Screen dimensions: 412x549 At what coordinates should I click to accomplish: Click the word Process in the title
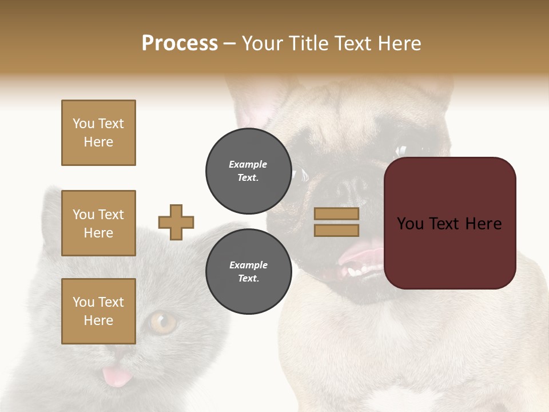[x=180, y=43]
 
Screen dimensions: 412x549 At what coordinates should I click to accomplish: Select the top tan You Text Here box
[x=98, y=133]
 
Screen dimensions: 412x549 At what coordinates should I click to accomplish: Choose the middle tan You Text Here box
[x=98, y=223]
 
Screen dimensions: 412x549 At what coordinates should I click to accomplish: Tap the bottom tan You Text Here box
[x=98, y=311]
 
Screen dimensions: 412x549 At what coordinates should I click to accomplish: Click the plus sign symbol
[x=176, y=222]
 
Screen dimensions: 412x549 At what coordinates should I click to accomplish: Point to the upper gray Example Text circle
[x=248, y=171]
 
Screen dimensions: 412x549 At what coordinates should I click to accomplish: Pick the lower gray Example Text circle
[x=248, y=271]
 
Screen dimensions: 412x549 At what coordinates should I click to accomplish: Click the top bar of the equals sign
[x=336, y=214]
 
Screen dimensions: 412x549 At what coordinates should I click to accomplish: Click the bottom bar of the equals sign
[x=336, y=230]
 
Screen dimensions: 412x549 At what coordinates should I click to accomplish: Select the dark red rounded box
[x=449, y=223]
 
